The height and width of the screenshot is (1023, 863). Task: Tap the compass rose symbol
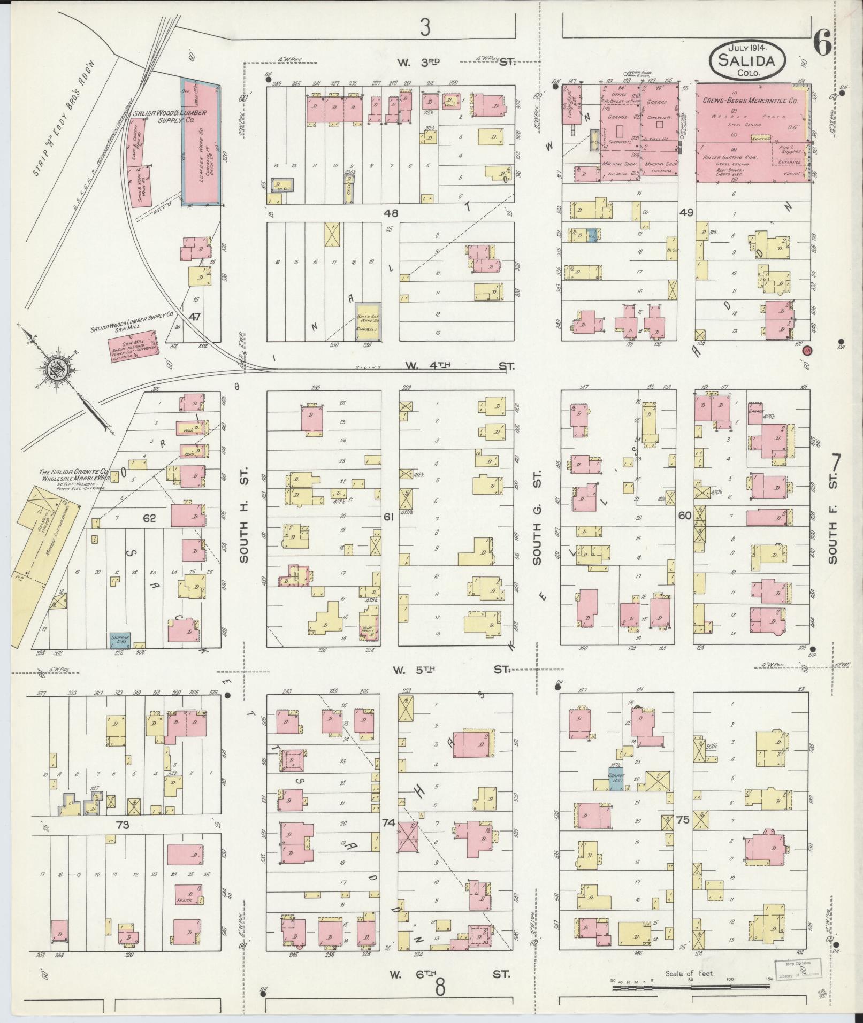55,371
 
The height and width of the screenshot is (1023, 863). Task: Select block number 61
388,516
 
